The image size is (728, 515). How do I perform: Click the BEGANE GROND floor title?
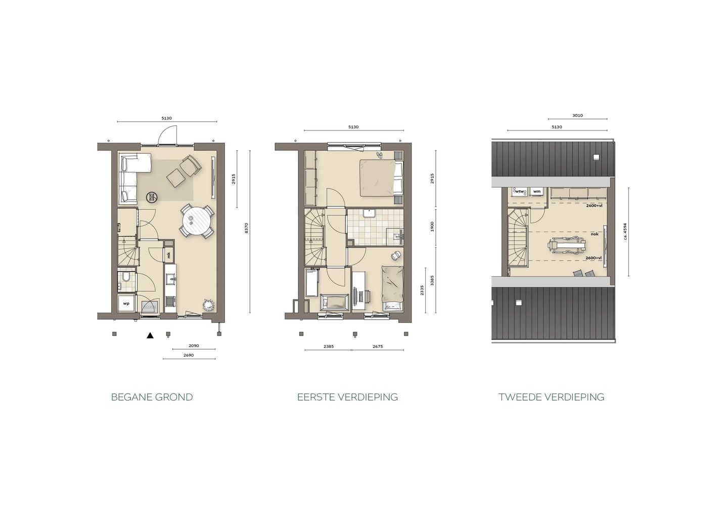point(152,397)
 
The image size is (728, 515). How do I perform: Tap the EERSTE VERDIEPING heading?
point(347,397)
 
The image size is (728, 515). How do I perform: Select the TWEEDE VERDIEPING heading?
point(551,397)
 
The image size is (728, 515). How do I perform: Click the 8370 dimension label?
point(246,228)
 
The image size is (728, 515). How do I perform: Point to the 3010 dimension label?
point(577,115)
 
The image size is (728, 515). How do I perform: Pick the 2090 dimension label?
point(194,346)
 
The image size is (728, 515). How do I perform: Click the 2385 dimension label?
point(329,346)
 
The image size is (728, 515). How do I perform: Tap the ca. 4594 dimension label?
point(625,232)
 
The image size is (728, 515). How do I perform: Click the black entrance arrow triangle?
point(150,335)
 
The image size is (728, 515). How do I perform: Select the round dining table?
point(196,221)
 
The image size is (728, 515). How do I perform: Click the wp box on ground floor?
point(126,304)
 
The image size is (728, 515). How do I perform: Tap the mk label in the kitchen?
point(169,255)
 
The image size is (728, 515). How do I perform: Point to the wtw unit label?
point(519,192)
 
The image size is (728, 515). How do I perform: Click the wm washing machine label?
point(536,192)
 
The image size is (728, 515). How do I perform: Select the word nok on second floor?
point(595,234)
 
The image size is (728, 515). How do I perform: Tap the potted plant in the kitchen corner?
point(208,305)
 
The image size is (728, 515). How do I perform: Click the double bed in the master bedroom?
point(381,178)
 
